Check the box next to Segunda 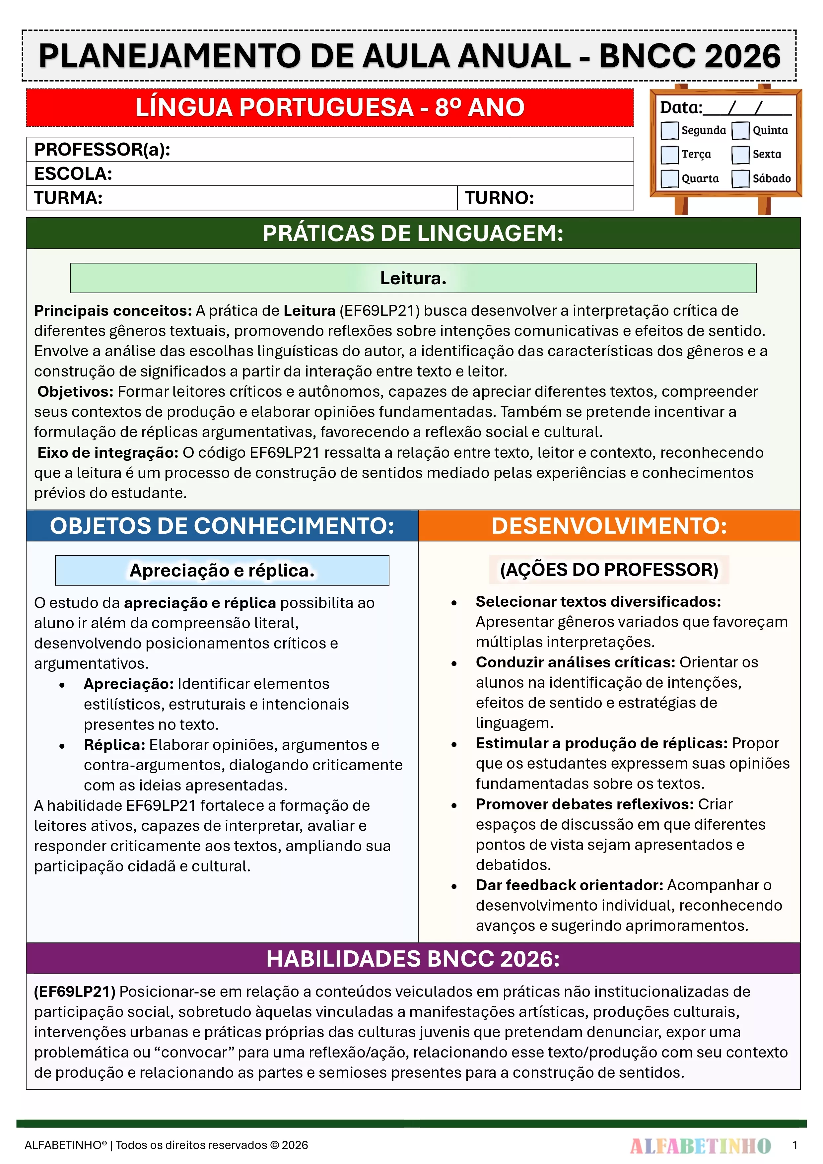coord(669,130)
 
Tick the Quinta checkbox coord(740,130)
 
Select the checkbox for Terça coord(669,155)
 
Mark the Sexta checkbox coord(740,155)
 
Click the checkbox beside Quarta coord(669,178)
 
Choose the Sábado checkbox coord(740,178)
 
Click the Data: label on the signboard coord(680,107)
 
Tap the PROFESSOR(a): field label coord(102,150)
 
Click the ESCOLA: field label coord(73,174)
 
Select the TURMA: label coord(68,198)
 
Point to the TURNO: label coord(500,198)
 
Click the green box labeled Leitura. coord(413,278)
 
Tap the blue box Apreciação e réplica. coord(222,570)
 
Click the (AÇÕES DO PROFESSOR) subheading coord(609,569)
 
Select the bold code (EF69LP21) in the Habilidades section coord(75,992)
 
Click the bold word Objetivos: coord(75,391)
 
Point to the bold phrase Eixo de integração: coord(107,452)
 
